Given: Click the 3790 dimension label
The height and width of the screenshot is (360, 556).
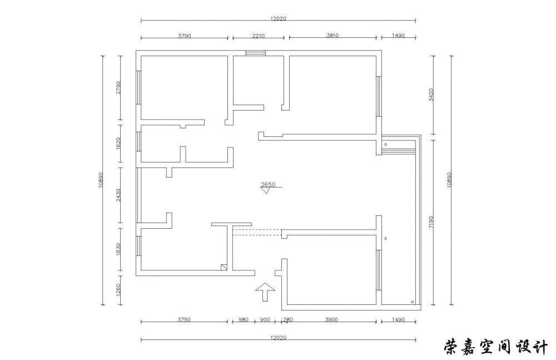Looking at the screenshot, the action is [185, 36].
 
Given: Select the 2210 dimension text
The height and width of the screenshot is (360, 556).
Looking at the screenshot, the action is [259, 36].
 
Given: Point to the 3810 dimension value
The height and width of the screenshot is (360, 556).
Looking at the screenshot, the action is [332, 36].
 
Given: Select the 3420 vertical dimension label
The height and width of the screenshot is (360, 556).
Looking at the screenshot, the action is [431, 95].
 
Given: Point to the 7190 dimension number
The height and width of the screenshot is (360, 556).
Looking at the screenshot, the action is [431, 222].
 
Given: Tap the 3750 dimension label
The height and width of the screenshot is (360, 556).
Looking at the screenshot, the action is [184, 319].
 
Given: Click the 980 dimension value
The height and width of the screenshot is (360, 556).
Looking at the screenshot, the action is [244, 319].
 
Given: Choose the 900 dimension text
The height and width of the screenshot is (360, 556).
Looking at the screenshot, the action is [265, 319].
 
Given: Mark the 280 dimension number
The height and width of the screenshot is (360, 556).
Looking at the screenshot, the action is [288, 319].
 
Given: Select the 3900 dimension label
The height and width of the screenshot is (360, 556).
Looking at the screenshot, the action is [331, 319].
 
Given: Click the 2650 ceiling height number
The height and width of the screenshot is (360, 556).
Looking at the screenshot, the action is [268, 184].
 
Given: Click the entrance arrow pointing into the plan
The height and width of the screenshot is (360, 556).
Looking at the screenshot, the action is [265, 292].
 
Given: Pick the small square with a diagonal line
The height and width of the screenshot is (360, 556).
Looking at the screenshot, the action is [224, 267].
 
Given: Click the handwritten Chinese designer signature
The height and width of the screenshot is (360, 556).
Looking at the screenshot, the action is [496, 347].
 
